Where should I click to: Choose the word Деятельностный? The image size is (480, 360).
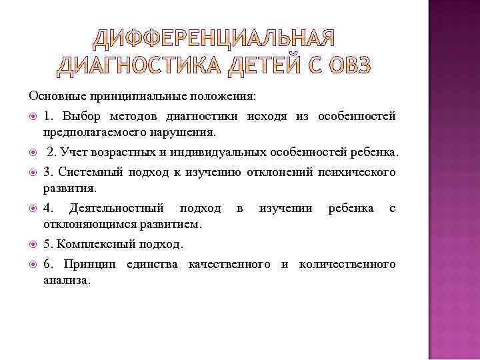click(x=116, y=208)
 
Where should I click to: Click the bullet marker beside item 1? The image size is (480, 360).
click(x=33, y=117)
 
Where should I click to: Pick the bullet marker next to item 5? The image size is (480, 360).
click(x=33, y=245)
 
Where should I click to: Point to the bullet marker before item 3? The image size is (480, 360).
click(x=33, y=173)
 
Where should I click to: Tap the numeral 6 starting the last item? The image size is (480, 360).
click(x=47, y=265)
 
